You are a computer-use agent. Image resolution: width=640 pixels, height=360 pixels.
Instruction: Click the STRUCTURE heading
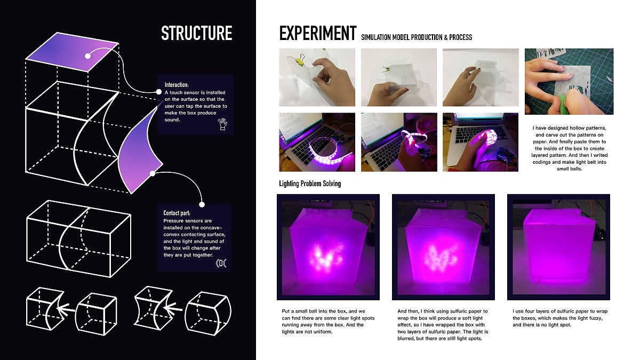click(x=197, y=33)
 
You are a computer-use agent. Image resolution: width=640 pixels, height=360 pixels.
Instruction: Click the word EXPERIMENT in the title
click(x=318, y=33)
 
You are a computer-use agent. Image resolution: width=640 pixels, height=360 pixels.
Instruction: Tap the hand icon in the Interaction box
click(x=222, y=124)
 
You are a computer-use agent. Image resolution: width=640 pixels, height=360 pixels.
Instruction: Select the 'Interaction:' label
click(x=177, y=85)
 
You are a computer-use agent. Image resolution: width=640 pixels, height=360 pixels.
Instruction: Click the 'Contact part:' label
click(x=177, y=213)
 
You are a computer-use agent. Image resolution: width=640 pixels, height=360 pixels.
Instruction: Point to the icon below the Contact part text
click(x=221, y=263)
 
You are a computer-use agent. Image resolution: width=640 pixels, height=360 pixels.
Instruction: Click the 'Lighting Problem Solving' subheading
click(x=310, y=183)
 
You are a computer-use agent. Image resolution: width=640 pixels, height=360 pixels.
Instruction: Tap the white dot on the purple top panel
click(x=87, y=56)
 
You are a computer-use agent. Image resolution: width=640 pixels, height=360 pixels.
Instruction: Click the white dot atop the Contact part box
click(x=202, y=205)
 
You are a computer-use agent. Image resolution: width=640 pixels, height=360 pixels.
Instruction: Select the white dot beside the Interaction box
click(x=159, y=92)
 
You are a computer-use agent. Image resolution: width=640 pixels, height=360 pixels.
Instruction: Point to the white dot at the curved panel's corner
click(x=153, y=173)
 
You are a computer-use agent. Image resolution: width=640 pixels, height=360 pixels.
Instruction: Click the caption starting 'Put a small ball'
click(x=328, y=322)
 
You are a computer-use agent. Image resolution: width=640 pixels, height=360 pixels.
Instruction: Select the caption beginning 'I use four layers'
click(x=560, y=318)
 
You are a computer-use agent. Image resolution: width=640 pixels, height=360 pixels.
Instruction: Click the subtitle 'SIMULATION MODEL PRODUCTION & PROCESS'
click(x=417, y=37)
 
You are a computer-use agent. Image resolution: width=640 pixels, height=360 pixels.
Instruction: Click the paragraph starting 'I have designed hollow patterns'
click(x=570, y=148)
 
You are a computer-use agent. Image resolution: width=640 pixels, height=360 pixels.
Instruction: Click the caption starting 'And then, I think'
click(x=443, y=325)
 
